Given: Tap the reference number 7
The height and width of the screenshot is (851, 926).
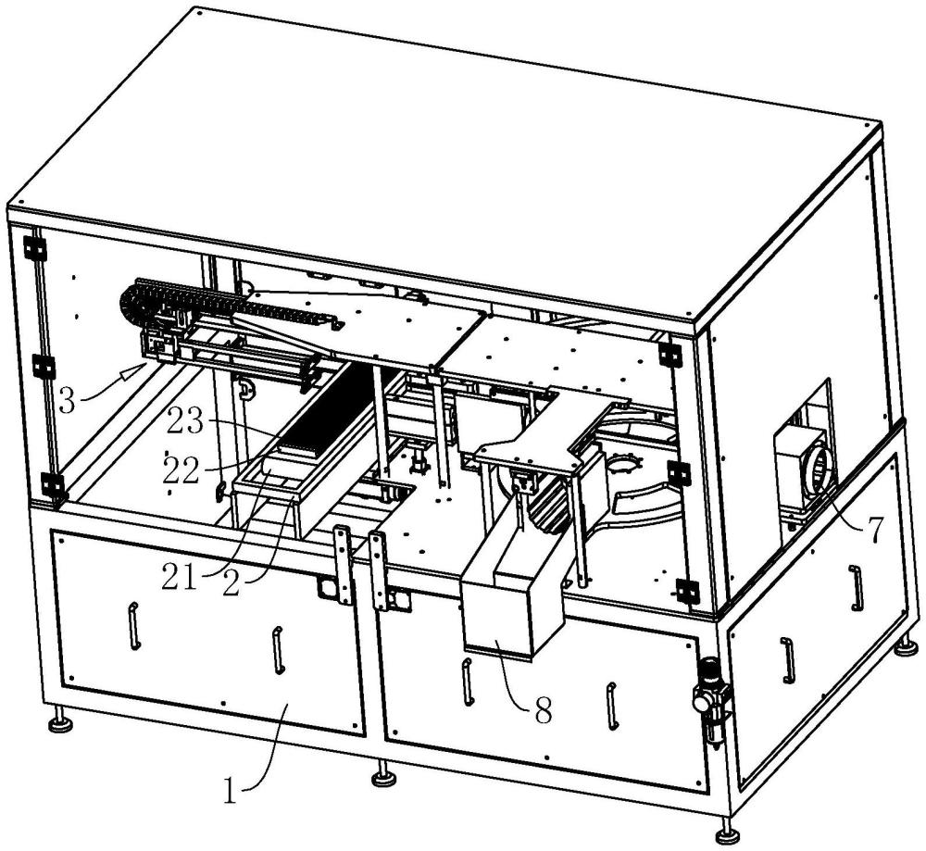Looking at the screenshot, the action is [x=875, y=529].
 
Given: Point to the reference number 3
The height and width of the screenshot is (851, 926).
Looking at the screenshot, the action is [x=67, y=401].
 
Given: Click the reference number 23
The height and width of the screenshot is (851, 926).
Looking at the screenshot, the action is [x=185, y=423].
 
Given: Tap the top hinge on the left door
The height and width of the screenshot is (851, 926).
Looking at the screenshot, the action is [x=35, y=248].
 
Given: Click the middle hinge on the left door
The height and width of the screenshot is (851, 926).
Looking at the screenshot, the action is [x=44, y=367].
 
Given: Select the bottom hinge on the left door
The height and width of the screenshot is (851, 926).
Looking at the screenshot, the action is [x=53, y=484].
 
